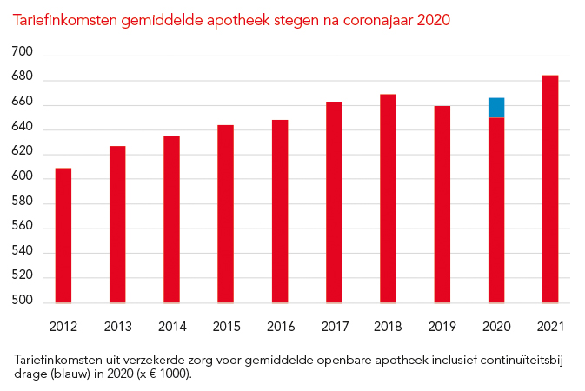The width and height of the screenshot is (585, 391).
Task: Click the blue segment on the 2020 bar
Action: [x=496, y=108]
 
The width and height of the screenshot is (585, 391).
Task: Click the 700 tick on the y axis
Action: [x=23, y=55]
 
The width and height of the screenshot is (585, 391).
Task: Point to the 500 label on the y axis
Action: [x=23, y=302]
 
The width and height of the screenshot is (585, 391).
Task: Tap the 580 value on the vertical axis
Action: [x=23, y=203]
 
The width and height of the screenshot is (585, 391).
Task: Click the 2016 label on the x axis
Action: [x=280, y=328]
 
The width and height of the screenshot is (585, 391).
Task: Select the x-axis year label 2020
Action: [x=496, y=328]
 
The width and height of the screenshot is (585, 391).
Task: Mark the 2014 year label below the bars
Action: [x=171, y=328]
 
